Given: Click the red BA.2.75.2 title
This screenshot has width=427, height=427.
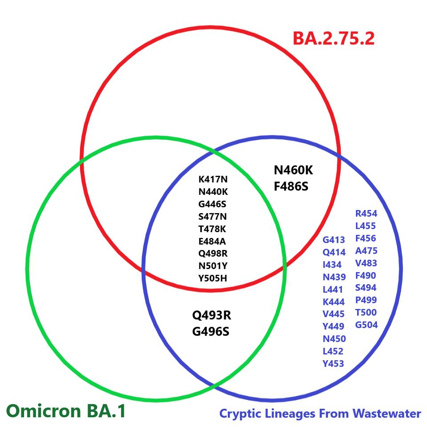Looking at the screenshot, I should (333, 39).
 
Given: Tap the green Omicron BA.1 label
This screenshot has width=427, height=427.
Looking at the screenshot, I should (66, 410).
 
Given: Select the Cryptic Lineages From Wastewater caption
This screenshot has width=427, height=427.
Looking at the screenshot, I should (320, 414).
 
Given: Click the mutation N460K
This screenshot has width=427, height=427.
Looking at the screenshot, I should (297, 170).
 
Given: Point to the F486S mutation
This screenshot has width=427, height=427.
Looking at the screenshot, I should (291, 185).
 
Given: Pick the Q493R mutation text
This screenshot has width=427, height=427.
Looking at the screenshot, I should (211, 315).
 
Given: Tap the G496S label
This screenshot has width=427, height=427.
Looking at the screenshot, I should (211, 331).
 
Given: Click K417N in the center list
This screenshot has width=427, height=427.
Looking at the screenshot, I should (213, 180).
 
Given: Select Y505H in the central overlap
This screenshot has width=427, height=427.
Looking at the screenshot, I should (213, 279).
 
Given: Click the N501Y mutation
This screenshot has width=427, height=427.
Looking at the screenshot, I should (213, 266).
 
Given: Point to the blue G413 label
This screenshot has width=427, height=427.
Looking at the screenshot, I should (334, 240).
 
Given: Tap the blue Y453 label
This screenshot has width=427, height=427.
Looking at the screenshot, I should (333, 364).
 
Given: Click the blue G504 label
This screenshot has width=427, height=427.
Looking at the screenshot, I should (366, 325).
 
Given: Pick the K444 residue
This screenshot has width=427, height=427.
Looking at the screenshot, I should (334, 302).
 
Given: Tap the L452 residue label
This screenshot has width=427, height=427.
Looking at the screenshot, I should (333, 351).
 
